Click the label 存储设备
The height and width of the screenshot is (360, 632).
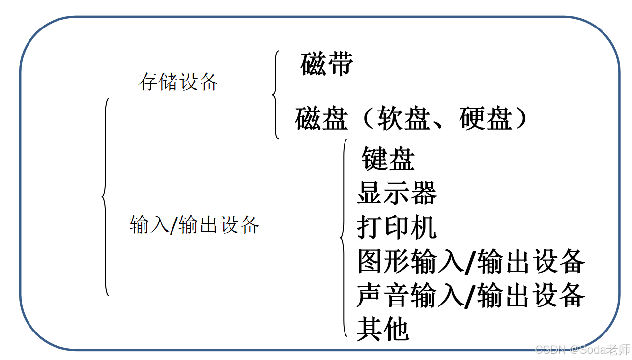178,82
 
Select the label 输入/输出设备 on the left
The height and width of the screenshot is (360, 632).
194,225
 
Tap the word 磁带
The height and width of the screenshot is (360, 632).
326,64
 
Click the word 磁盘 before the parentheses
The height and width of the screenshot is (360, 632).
321,119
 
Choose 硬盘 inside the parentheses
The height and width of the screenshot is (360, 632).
486,119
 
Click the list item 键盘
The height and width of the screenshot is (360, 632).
388,159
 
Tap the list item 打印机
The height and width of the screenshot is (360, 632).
397,227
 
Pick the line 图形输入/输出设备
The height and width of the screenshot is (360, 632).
471,261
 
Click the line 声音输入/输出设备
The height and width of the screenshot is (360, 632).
471,295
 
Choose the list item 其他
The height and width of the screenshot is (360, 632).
383,329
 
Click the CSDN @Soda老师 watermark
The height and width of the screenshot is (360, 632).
582,350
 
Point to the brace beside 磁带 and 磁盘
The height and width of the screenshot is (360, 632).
276,94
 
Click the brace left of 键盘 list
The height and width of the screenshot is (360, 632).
344,239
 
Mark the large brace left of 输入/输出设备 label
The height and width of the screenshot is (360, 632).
105,197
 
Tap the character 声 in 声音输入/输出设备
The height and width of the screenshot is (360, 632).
370,295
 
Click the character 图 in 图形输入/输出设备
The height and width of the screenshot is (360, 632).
370,261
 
